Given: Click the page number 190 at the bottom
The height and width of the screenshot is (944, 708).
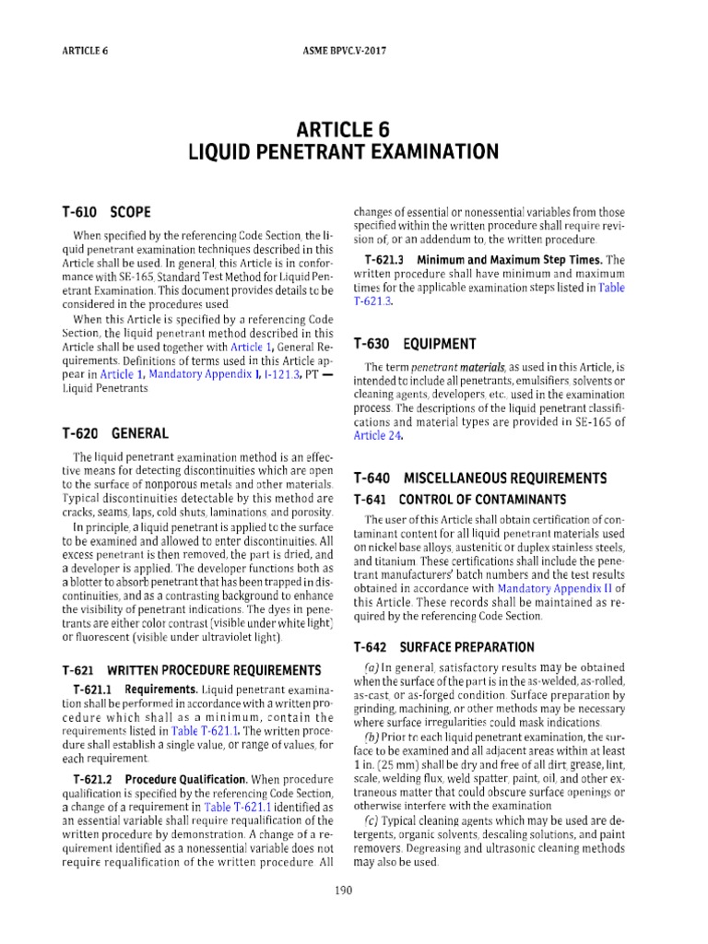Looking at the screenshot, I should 353,890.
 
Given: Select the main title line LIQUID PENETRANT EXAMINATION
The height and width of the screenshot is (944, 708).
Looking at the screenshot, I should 353,150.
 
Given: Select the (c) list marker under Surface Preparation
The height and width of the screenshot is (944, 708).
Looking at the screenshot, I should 372,820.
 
